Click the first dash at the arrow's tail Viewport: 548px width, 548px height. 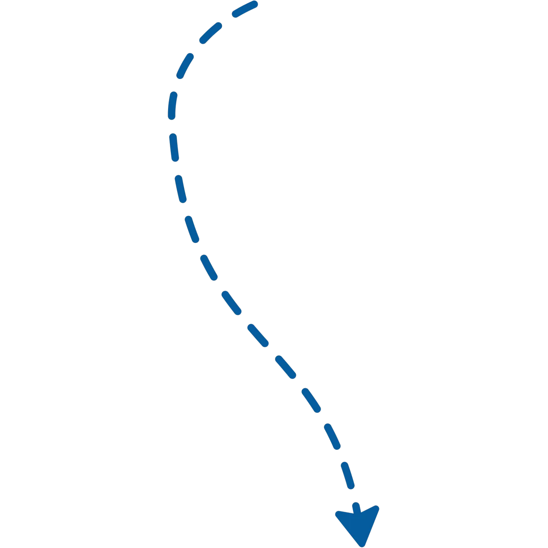pos(245,9)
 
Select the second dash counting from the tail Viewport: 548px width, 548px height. pos(210,33)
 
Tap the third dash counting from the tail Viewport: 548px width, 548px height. pos(185,65)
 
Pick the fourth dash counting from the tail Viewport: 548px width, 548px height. pos(172,105)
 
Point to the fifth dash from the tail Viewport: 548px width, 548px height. pos(173,147)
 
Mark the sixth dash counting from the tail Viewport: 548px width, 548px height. pos(181,188)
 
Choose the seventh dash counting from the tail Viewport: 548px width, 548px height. pos(192,229)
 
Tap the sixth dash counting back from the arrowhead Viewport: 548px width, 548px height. pos(231,302)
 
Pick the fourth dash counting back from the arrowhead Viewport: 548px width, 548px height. pos(285,367)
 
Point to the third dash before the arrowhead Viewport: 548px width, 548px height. pos(311,400)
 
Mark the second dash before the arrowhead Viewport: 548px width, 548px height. pos(332,437)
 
